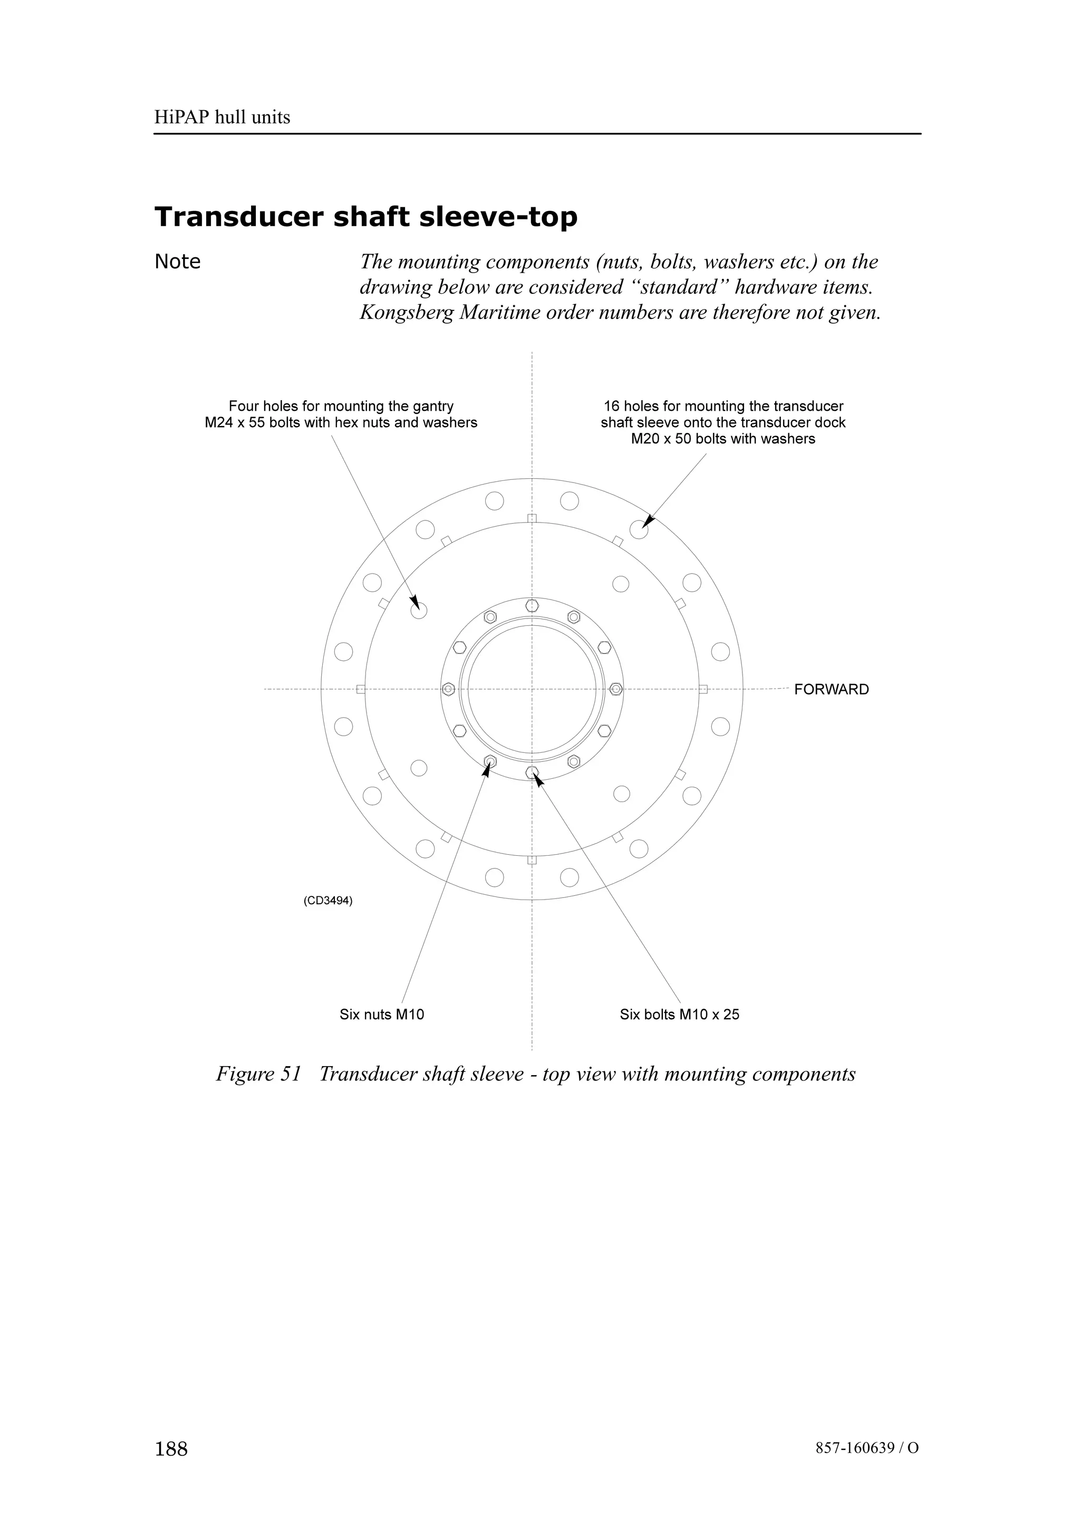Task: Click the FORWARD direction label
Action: coord(831,690)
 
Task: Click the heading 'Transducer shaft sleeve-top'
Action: coord(365,217)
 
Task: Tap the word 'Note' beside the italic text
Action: coord(177,262)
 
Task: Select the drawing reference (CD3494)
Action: coord(328,901)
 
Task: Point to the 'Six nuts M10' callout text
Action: coord(381,1014)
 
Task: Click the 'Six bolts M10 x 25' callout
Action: coord(679,1014)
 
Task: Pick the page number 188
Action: coord(171,1449)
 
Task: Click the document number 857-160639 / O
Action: coord(866,1448)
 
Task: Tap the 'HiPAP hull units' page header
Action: coord(222,118)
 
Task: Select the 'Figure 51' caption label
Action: coord(259,1074)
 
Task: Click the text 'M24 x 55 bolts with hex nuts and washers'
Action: coord(341,422)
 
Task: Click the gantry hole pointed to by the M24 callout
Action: coord(419,610)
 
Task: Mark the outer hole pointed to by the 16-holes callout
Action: coord(639,530)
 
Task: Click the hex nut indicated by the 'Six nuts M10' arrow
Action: coord(490,761)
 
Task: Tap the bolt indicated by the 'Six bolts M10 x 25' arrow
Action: coord(532,772)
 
